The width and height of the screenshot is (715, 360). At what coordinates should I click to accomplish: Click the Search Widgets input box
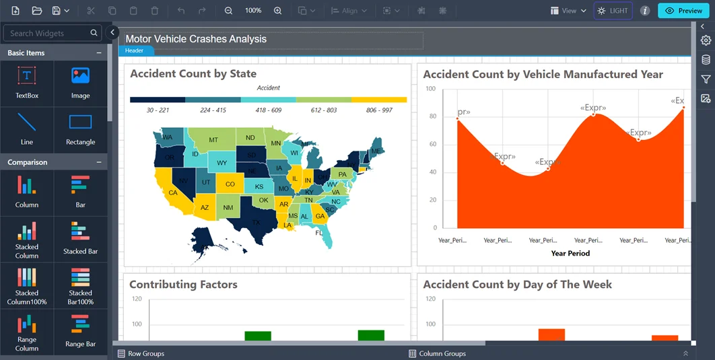47,33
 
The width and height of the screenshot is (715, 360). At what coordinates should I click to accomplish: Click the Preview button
683,11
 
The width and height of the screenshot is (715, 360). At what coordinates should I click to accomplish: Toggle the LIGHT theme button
613,11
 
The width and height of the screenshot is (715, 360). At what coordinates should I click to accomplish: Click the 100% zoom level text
253,11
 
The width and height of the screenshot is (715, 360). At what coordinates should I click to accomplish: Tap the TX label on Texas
256,222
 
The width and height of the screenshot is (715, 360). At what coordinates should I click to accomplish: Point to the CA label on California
173,192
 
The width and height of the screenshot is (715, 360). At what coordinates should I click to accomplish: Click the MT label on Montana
213,140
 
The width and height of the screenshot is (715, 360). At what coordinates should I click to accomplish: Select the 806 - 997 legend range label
379,110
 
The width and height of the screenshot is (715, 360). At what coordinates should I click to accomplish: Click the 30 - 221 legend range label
158,110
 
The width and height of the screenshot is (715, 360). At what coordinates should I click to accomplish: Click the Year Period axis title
570,254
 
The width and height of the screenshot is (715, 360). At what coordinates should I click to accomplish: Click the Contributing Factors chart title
183,285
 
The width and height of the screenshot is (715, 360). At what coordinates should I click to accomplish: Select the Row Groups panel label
146,353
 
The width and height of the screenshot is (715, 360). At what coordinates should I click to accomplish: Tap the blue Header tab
135,50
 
